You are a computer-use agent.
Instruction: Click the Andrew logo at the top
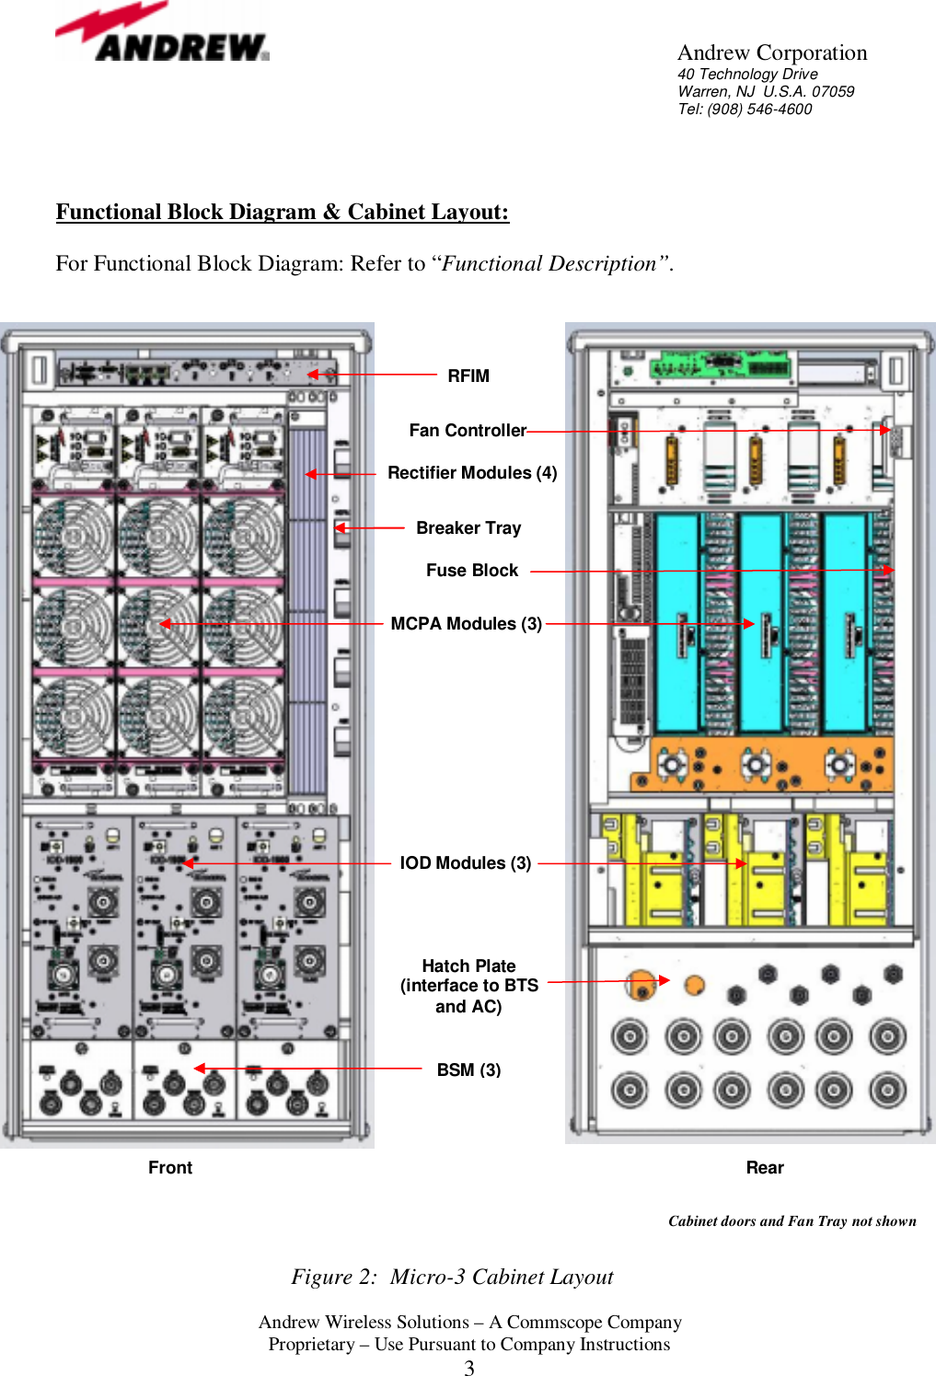[162, 35]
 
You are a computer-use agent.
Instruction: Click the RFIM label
[468, 376]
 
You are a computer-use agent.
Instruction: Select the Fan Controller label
[468, 430]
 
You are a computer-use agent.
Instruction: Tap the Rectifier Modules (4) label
[472, 472]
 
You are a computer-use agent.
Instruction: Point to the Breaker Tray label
[468, 527]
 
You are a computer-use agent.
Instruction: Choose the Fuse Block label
[472, 570]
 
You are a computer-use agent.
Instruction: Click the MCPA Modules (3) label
[466, 623]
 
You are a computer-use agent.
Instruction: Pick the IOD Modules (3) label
[466, 862]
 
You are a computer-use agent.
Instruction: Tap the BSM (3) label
[468, 1070]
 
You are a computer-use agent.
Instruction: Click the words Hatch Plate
[468, 966]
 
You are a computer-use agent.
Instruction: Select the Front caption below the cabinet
[170, 1167]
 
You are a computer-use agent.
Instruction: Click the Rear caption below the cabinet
[765, 1167]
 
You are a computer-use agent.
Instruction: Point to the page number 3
[469, 1368]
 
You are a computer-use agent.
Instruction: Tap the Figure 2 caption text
[452, 1277]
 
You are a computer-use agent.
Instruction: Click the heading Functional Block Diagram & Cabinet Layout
[282, 212]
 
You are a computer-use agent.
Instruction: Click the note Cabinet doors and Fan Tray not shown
[792, 1221]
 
